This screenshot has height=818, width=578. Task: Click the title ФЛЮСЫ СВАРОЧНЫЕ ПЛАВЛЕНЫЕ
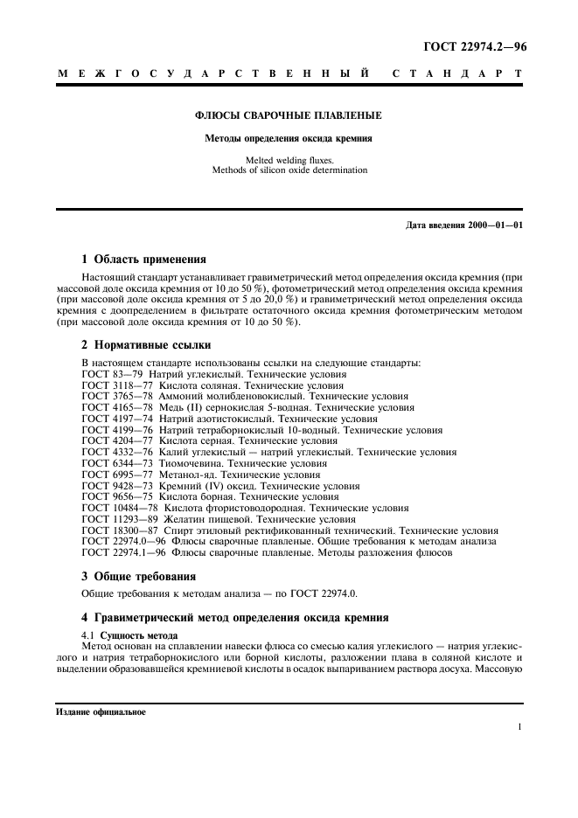289,115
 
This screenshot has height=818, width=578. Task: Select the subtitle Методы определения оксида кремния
289,138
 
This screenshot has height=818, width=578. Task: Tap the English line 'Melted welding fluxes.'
289,160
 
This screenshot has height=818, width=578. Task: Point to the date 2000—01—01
495,225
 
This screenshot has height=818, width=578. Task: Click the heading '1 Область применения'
143,259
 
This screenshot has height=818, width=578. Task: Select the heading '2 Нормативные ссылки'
146,344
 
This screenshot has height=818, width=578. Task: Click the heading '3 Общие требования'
138,576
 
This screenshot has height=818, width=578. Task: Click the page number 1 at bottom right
519,727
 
